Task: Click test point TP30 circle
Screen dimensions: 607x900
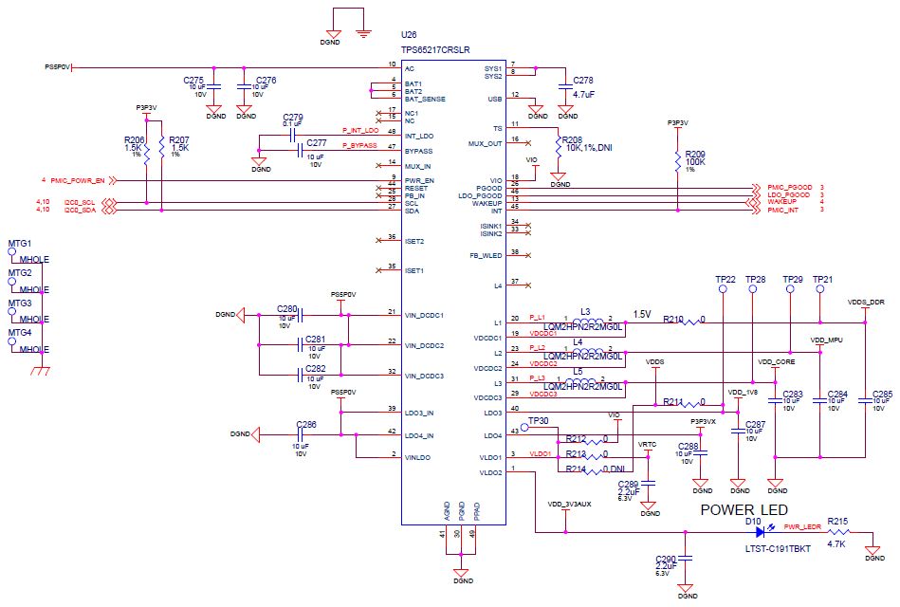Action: (525, 428)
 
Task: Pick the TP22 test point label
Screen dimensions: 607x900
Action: (725, 280)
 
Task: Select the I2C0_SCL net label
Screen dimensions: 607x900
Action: (81, 203)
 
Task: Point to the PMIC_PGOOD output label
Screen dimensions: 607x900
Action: (789, 188)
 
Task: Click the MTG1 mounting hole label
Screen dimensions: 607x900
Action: (20, 244)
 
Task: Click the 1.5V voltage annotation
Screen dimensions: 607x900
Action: (642, 314)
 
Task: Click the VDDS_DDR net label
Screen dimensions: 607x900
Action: (865, 301)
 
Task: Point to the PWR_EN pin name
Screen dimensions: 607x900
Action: (419, 180)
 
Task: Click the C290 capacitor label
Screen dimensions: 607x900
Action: (667, 559)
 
